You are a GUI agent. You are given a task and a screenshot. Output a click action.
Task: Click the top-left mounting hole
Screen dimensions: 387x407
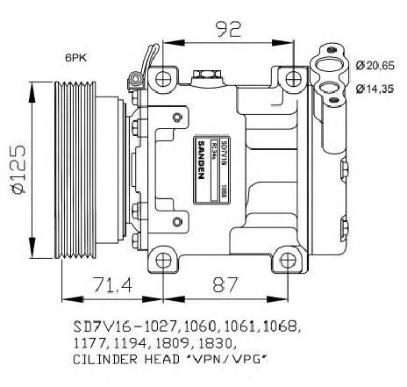162,80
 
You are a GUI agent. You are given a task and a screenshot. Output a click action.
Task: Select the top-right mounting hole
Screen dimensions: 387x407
288,80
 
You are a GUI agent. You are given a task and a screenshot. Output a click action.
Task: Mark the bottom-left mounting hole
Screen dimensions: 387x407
162,259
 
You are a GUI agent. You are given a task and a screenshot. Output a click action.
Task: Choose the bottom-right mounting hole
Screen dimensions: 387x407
288,259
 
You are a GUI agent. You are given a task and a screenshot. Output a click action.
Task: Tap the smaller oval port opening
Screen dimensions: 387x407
331,87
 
